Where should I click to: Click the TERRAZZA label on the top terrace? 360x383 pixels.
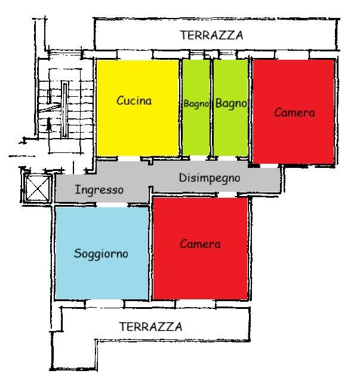pos(211,36)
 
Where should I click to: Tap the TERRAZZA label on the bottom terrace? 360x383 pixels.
pos(150,327)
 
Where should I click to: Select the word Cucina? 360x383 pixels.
pos(134,101)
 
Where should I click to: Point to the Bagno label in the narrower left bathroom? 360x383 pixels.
pos(196,104)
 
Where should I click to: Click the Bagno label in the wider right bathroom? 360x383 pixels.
pos(230,103)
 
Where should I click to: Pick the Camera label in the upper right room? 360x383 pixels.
pos(294,112)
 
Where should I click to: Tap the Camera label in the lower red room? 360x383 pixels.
pos(200,244)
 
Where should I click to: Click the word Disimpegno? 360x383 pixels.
pos(209,178)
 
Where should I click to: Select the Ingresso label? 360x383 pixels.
pos(99,191)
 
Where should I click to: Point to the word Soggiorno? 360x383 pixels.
pos(101,253)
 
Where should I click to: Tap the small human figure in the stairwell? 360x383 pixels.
pos(49,125)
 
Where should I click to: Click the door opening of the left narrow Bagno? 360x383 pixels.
pos(196,158)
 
